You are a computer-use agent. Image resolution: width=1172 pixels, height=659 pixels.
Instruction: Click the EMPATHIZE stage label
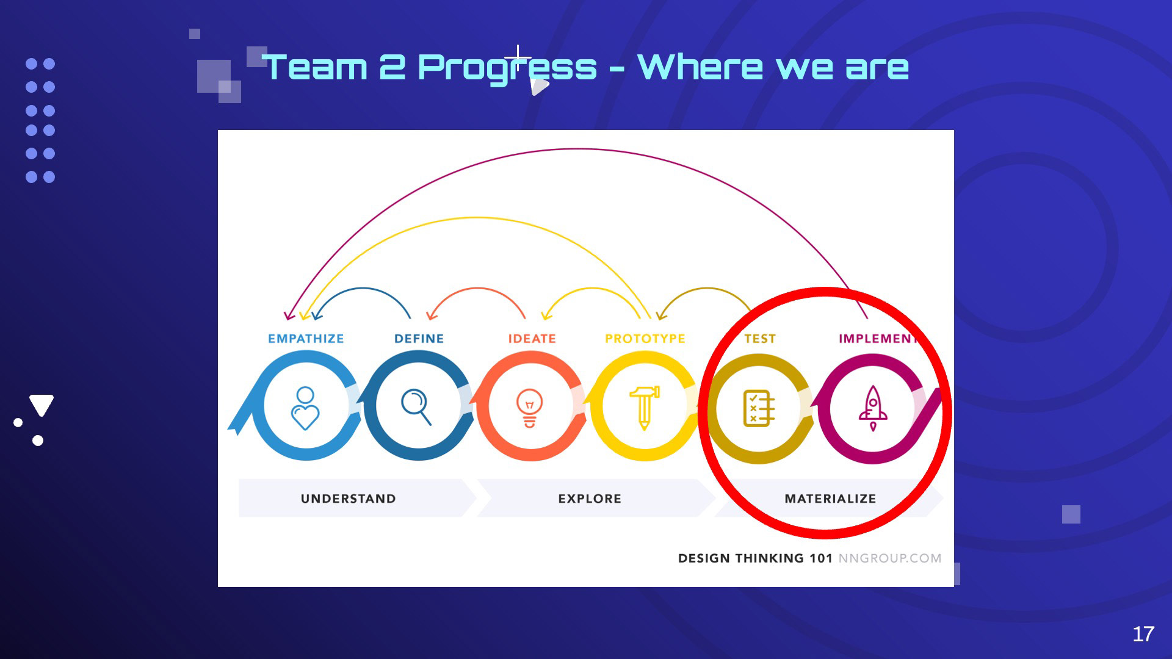306,339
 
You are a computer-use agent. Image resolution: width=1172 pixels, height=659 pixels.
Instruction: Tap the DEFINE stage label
419,339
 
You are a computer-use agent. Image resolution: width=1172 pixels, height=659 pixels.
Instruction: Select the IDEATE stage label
532,339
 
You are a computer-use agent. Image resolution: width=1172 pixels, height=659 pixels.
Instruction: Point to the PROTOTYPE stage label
645,339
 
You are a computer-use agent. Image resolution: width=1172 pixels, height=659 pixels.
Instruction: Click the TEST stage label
760,339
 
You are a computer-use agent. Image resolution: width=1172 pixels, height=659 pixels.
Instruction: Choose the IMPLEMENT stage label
878,339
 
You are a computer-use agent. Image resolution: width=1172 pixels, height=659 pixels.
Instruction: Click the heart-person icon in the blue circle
305,408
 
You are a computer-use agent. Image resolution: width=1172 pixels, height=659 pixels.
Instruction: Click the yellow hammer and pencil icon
645,408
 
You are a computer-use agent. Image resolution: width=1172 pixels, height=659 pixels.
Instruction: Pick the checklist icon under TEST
759,408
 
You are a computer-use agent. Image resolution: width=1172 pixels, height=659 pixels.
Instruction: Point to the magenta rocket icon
873,408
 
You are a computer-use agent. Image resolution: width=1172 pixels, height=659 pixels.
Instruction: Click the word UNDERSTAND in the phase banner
348,499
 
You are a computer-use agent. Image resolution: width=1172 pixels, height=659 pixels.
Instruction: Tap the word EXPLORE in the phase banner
590,499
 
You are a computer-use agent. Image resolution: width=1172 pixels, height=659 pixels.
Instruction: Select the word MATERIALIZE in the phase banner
830,499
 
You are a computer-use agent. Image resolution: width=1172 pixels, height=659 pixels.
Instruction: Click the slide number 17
1143,634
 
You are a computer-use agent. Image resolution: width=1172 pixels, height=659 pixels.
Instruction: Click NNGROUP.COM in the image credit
890,558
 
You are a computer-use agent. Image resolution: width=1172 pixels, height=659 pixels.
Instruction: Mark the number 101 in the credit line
821,558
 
